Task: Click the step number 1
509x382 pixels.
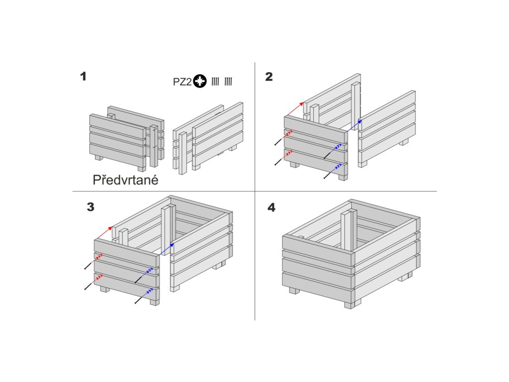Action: point(84,77)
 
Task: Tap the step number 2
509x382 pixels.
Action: point(269,77)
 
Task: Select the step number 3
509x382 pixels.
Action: point(90,207)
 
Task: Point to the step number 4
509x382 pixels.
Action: point(271,207)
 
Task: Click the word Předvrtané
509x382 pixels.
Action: point(126,180)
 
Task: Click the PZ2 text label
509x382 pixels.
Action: point(182,82)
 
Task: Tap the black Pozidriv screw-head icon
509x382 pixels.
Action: point(200,81)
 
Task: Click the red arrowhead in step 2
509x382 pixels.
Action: point(301,104)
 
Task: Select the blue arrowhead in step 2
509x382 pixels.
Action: point(359,121)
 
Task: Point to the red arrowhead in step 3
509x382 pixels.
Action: point(110,228)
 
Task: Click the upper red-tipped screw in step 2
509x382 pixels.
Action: point(283,138)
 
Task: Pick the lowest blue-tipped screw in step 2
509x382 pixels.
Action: point(333,172)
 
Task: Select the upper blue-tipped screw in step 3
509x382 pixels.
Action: point(144,276)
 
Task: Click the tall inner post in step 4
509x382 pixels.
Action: point(348,231)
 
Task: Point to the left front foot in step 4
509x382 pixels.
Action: point(294,290)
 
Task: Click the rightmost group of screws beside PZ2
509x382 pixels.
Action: point(228,82)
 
